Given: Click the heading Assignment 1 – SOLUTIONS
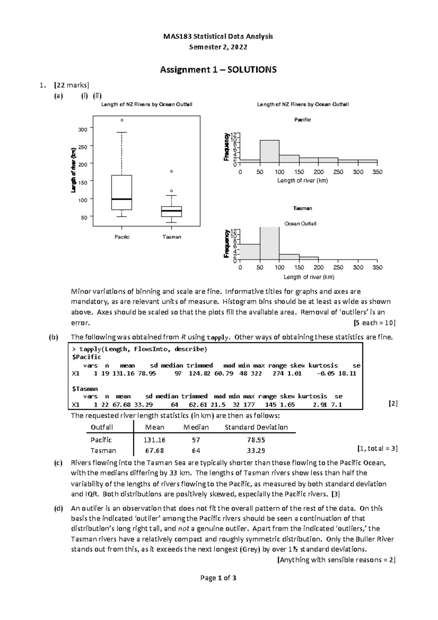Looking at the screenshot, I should (x=218, y=69).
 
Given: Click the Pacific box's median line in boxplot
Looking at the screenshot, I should (x=122, y=199).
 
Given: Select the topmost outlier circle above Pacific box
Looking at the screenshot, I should (x=122, y=120).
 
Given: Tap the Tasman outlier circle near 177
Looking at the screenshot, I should (x=172, y=171).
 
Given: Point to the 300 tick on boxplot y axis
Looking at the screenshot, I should (x=83, y=129).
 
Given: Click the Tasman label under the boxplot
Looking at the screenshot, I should (x=172, y=237).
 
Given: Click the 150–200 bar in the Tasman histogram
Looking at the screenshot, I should (x=309, y=258).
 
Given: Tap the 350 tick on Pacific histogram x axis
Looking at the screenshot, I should (x=377, y=172).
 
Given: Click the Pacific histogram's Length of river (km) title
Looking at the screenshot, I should (x=303, y=181).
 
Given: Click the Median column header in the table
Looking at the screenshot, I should (x=196, y=427).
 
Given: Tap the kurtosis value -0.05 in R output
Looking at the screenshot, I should (x=327, y=374).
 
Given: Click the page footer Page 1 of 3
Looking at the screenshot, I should (x=218, y=578).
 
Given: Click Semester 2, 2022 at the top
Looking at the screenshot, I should (x=218, y=47).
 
